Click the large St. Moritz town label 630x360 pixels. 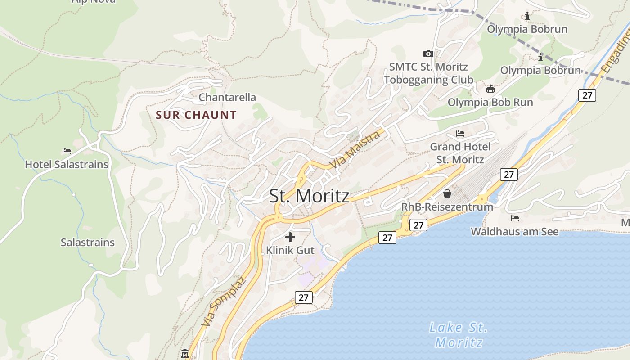(x=309, y=196)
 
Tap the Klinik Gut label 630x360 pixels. (x=290, y=250)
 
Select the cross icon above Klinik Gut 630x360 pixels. (x=290, y=237)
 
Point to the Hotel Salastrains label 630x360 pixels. (x=67, y=164)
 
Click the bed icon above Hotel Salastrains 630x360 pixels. (x=67, y=151)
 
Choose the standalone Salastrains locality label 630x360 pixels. (x=88, y=243)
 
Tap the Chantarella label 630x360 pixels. (x=227, y=97)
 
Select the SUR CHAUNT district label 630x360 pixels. (x=196, y=115)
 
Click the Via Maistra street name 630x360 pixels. (x=355, y=150)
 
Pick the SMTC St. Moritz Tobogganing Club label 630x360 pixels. (x=428, y=73)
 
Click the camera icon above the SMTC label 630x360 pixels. (x=428, y=54)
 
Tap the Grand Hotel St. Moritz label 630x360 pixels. (x=460, y=153)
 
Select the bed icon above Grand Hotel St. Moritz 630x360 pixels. (x=460, y=134)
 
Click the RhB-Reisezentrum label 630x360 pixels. (x=447, y=207)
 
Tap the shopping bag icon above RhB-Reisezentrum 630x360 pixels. (x=447, y=193)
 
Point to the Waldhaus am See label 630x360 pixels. (x=515, y=232)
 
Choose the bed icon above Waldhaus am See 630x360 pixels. (x=515, y=218)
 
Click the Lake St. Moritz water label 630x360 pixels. (x=458, y=335)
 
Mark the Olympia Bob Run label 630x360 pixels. (x=490, y=102)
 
